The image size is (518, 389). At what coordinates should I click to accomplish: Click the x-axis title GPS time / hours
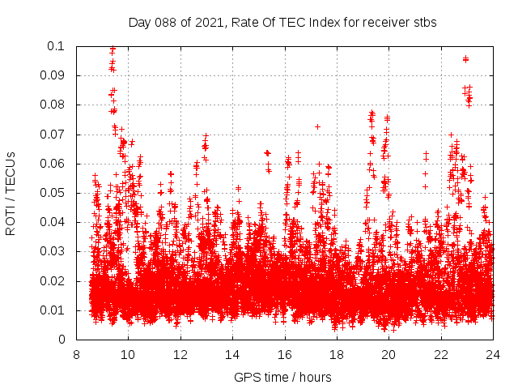click(x=282, y=377)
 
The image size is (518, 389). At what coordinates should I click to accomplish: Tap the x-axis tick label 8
click(x=76, y=354)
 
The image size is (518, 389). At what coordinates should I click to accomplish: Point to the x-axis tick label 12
click(x=180, y=354)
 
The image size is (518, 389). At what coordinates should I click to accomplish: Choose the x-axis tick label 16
click(x=285, y=354)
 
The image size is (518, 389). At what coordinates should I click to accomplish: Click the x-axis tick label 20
click(x=388, y=354)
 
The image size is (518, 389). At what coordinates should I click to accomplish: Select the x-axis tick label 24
click(x=493, y=354)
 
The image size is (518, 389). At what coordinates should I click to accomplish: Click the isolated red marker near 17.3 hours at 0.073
click(x=318, y=126)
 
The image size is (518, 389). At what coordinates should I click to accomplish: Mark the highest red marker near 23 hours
click(x=465, y=58)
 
